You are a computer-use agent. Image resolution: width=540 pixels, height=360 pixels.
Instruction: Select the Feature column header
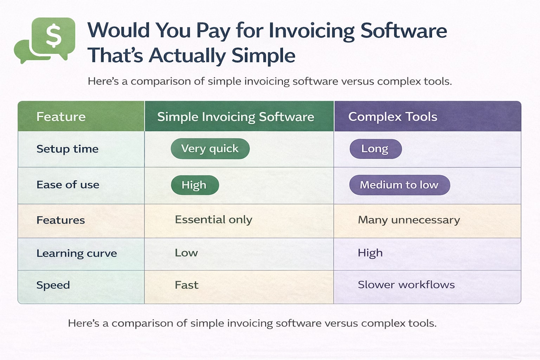tap(61, 117)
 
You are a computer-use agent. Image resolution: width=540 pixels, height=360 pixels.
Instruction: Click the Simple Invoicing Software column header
tap(236, 117)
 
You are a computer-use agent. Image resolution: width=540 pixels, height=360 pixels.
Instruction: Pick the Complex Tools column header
tap(393, 117)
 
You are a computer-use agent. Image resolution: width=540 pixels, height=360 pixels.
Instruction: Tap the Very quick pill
tap(210, 149)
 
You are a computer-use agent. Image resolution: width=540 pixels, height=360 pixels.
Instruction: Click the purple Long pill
tap(375, 149)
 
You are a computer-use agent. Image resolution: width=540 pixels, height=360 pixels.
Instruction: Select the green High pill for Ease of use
tap(194, 185)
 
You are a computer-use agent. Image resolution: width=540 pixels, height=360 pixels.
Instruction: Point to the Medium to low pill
tap(399, 185)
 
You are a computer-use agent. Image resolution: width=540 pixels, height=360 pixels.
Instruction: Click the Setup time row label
tap(67, 149)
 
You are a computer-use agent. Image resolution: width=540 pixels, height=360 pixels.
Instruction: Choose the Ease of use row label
tap(68, 185)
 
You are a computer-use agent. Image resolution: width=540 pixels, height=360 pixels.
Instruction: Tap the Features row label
tap(61, 220)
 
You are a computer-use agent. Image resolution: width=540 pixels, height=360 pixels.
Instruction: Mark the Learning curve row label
tap(77, 253)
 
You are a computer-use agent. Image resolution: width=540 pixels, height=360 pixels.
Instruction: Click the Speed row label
tap(53, 285)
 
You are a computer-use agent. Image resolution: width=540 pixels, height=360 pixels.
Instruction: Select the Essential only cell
tap(213, 220)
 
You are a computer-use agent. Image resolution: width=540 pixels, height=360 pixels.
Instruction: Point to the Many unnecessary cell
tap(409, 220)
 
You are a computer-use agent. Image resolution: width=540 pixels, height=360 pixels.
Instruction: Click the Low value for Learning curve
tap(186, 253)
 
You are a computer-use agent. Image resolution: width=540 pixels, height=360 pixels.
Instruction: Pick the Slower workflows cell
tap(406, 285)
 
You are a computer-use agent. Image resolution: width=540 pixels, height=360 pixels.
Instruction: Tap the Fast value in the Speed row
tap(187, 285)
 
